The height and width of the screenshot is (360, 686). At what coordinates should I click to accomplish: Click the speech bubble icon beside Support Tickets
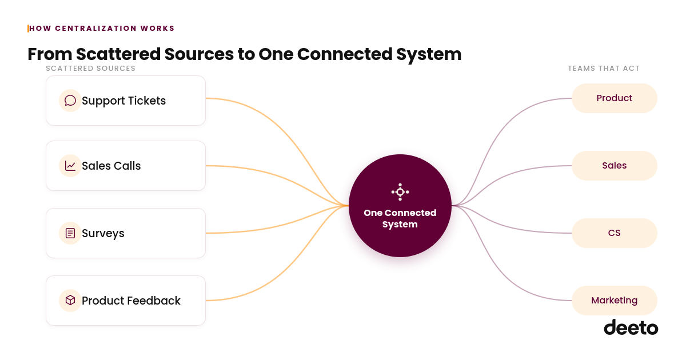[70, 101]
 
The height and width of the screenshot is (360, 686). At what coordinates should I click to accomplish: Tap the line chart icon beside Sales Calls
[70, 166]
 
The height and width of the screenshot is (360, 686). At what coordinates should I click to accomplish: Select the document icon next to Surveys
[70, 233]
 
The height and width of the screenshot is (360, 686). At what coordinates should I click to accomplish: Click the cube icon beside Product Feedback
[70, 301]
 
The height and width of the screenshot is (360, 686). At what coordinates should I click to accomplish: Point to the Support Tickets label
[123, 101]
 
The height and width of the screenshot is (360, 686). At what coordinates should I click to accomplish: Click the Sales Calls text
[111, 166]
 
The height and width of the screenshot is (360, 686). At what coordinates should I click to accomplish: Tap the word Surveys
[103, 234]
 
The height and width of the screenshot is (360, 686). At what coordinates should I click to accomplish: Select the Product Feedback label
[131, 301]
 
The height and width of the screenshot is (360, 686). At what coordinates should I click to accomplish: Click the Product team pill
[615, 98]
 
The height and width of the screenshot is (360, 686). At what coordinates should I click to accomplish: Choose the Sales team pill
[615, 166]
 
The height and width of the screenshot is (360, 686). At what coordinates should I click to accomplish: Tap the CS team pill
[615, 233]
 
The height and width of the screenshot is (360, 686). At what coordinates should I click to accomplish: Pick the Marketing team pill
[615, 301]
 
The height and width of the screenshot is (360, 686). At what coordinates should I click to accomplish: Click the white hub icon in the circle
[400, 192]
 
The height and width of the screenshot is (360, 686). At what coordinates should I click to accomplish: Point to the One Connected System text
[400, 218]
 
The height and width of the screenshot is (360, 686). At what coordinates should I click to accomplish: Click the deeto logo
[631, 327]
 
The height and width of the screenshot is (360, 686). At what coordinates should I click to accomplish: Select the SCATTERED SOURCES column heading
[91, 68]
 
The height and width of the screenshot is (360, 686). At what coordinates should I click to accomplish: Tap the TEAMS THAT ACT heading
[604, 68]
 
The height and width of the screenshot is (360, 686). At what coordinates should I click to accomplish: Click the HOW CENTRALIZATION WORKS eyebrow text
[102, 29]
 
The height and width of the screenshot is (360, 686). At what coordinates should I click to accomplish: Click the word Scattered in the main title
[118, 54]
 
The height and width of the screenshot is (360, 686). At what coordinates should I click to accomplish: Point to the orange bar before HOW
[28, 29]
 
